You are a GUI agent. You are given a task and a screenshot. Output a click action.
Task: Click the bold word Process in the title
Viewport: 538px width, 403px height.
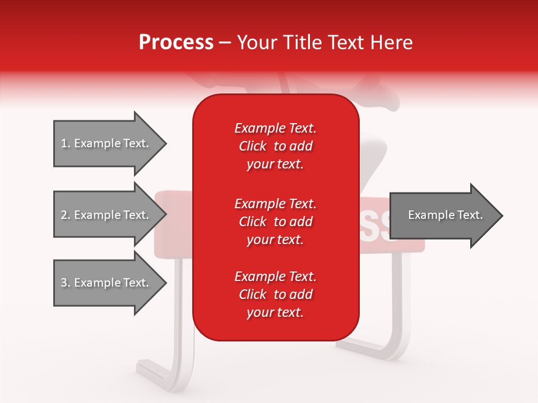pyautogui.click(x=176, y=43)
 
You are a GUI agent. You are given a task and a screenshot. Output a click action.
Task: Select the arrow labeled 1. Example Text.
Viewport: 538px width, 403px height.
pyautogui.click(x=106, y=144)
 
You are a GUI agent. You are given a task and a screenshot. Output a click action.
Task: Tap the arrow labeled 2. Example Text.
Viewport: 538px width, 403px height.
pyautogui.click(x=106, y=215)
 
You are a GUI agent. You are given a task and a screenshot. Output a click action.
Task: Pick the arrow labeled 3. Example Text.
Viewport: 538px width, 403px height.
pyautogui.click(x=106, y=283)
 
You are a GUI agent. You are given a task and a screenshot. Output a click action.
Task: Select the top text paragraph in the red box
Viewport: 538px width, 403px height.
pyautogui.click(x=275, y=146)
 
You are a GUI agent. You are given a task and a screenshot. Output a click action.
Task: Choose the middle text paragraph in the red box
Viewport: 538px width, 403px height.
pyautogui.click(x=275, y=221)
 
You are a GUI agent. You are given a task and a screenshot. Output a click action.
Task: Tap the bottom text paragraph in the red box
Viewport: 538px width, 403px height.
pyautogui.click(x=275, y=294)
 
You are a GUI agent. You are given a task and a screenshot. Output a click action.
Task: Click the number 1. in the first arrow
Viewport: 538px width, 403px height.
pyautogui.click(x=66, y=144)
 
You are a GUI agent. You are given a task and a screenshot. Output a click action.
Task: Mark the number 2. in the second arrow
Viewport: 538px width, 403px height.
pyautogui.click(x=66, y=215)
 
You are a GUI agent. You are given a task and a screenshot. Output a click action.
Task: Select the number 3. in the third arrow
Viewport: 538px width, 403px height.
pyautogui.click(x=66, y=283)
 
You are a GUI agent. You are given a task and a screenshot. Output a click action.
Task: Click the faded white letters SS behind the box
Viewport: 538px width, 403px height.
pyautogui.click(x=378, y=227)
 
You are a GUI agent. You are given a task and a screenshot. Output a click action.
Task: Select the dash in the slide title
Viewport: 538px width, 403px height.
pyautogui.click(x=225, y=43)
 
